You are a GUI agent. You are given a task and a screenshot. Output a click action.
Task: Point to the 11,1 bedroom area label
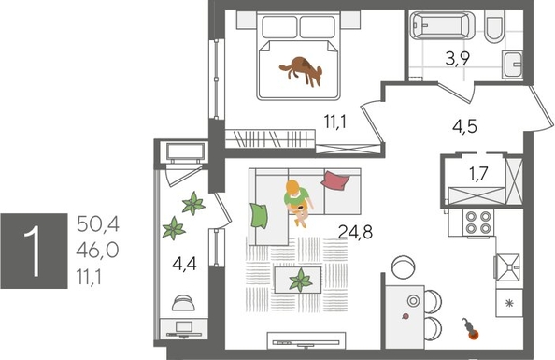337,120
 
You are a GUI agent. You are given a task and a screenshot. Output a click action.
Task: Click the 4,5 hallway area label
464,128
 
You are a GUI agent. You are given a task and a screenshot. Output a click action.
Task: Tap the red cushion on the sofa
334,179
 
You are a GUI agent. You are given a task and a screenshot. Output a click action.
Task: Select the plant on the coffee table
302,280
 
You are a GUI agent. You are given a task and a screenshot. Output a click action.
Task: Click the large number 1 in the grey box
34,246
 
